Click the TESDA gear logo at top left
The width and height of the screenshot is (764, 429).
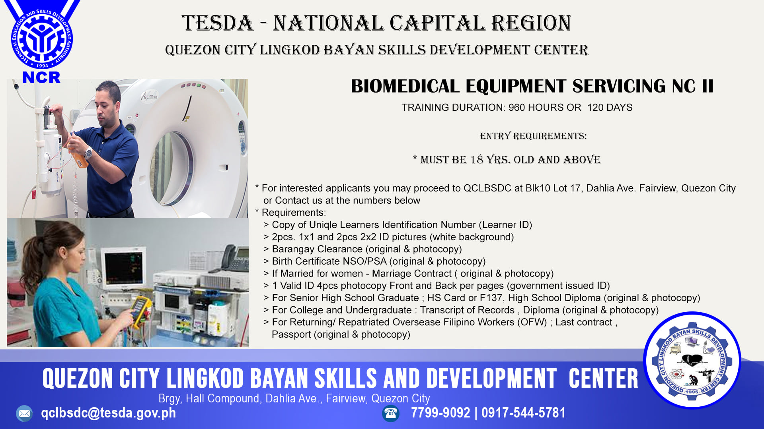pyautogui.click(x=42, y=39)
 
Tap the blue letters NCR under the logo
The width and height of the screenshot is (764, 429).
pyautogui.click(x=41, y=77)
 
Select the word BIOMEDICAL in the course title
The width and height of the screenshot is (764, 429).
pyautogui.click(x=405, y=86)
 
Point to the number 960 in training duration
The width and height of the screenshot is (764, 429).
pyautogui.click(x=516, y=108)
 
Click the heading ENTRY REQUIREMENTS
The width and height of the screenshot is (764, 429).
pyautogui.click(x=533, y=136)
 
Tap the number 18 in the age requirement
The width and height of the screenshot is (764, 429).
pyautogui.click(x=476, y=160)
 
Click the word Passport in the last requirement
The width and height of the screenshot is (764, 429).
pyautogui.click(x=291, y=334)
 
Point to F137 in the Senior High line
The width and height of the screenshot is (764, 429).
pyautogui.click(x=491, y=298)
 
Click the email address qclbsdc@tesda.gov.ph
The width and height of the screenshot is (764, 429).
pyautogui.click(x=108, y=413)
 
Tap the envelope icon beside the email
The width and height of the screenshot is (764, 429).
pyautogui.click(x=24, y=414)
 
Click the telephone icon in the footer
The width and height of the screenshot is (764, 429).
pyautogui.click(x=390, y=414)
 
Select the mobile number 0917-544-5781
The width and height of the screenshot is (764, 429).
pyautogui.click(x=523, y=413)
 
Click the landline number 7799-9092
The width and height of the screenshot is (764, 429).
pyautogui.click(x=440, y=413)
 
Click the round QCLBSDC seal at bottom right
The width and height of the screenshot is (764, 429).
pyautogui.click(x=692, y=361)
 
